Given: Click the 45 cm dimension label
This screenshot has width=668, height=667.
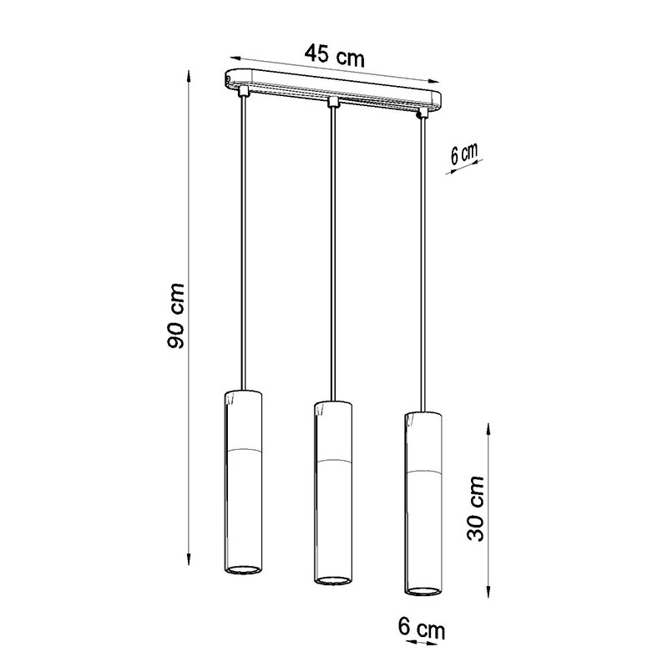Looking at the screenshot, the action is point(335,55).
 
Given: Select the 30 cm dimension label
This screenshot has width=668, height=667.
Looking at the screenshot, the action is point(475,508).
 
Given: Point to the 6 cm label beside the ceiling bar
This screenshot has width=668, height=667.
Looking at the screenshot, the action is point(464,154).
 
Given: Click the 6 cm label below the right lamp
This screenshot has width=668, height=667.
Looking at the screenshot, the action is point(422,629).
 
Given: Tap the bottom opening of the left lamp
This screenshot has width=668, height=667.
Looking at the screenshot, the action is point(242,569).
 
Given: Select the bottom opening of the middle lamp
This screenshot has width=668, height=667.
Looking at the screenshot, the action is point(332,580).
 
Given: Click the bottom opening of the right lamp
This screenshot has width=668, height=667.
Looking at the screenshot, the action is point(423,590).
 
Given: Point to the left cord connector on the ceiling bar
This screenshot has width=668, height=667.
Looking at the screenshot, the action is point(243,90).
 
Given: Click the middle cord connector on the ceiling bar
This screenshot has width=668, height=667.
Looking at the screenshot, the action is point(332,102).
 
